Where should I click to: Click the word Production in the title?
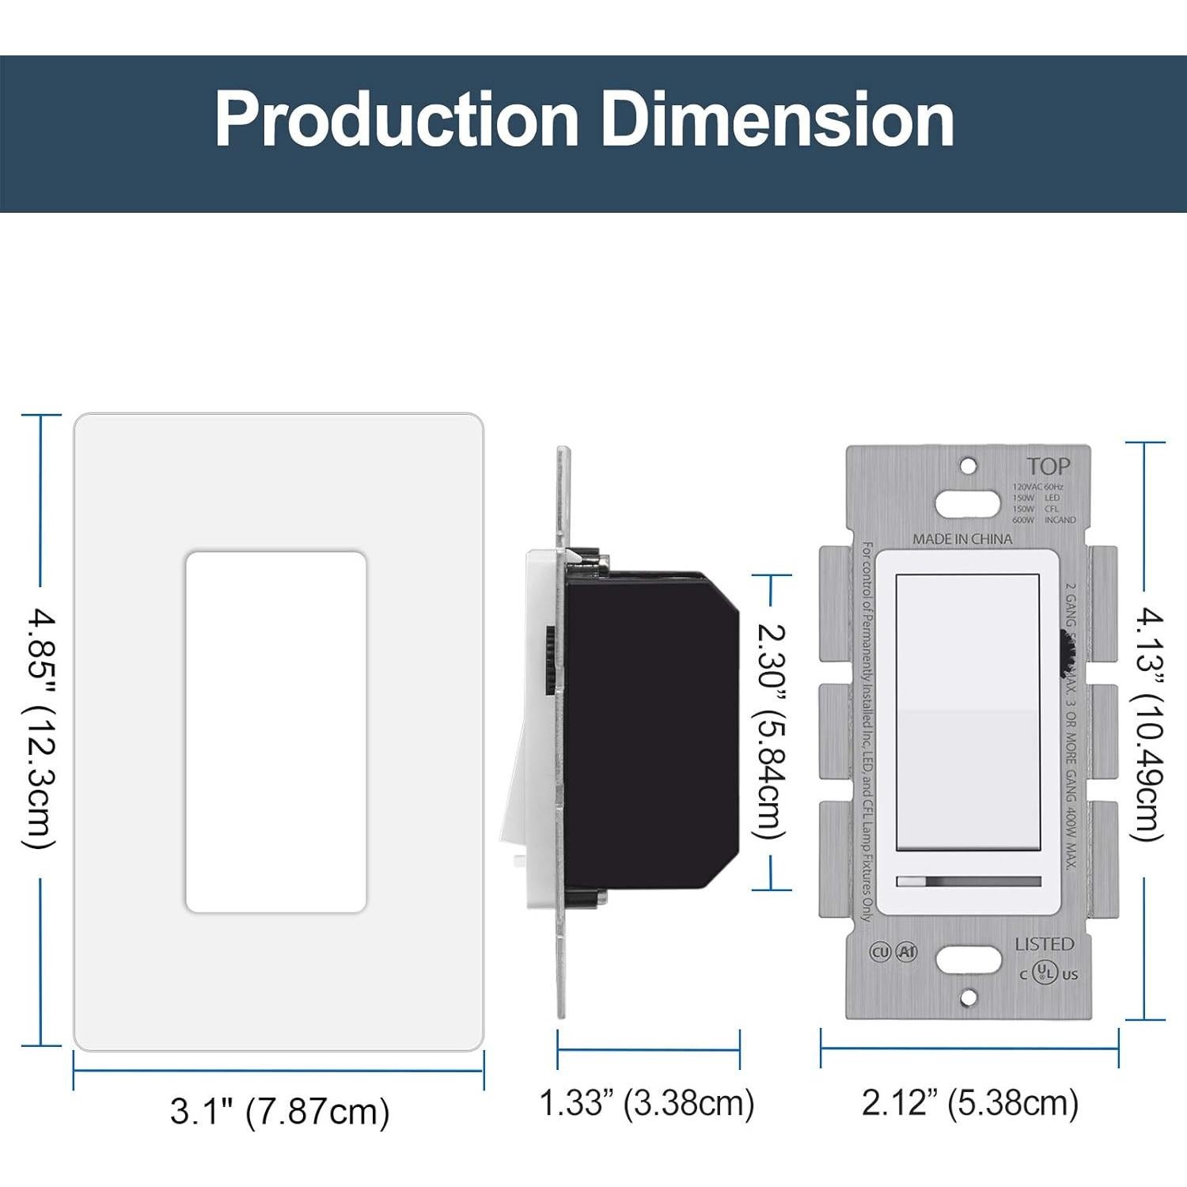396,120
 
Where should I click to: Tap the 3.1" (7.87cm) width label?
279,1111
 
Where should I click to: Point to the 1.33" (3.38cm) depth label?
647,1103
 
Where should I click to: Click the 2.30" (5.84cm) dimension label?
771,731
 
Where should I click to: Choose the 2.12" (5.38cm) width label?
969,1103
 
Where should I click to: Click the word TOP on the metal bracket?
1048,467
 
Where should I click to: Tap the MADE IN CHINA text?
962,539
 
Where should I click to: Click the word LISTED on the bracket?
1044,944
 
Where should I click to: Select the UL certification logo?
1047,972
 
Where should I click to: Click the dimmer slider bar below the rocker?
968,882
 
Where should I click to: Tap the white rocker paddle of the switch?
967,712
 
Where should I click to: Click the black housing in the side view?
649,728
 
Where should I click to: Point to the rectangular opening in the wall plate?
275,732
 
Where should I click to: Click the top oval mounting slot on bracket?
967,503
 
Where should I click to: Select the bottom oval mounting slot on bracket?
967,959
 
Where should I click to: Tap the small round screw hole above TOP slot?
968,466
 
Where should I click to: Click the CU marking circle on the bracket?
880,952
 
